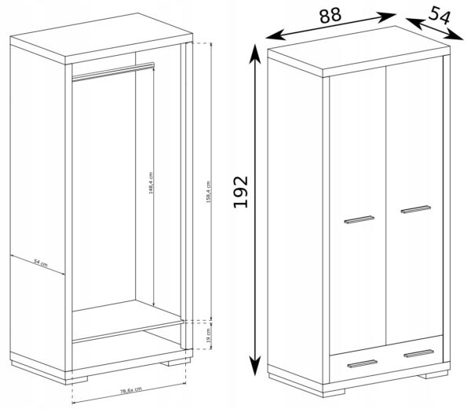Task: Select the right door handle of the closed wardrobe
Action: pos(416,208)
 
